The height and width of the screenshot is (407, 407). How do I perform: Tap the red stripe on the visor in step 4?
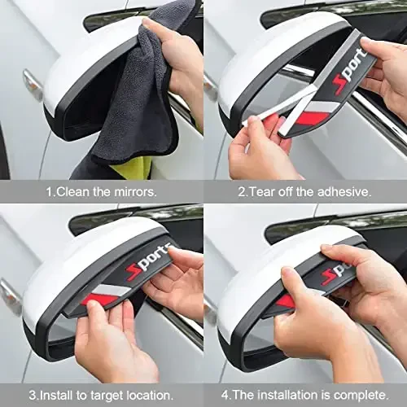(x=287, y=300)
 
